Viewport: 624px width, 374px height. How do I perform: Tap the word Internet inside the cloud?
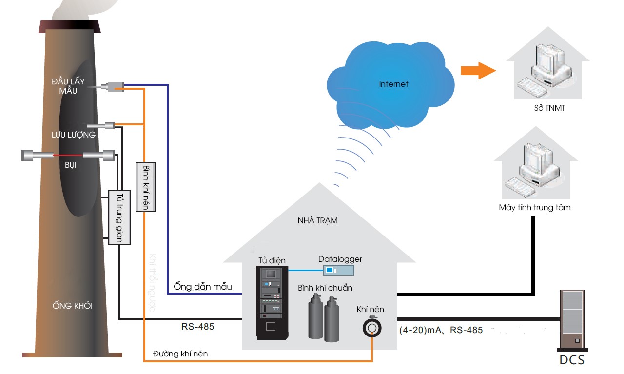point(393,84)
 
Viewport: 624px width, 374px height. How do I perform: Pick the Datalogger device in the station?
point(340,269)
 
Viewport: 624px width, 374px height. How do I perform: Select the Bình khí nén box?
point(146,187)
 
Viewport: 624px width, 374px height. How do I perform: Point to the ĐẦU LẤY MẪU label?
point(68,85)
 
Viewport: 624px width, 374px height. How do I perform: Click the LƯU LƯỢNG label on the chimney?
point(74,134)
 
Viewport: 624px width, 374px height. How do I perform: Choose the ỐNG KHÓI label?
point(73,306)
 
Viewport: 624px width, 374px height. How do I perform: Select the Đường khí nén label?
point(180,354)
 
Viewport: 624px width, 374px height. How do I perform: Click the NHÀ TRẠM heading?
point(317,220)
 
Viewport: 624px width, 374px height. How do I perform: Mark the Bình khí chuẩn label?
point(325,288)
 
